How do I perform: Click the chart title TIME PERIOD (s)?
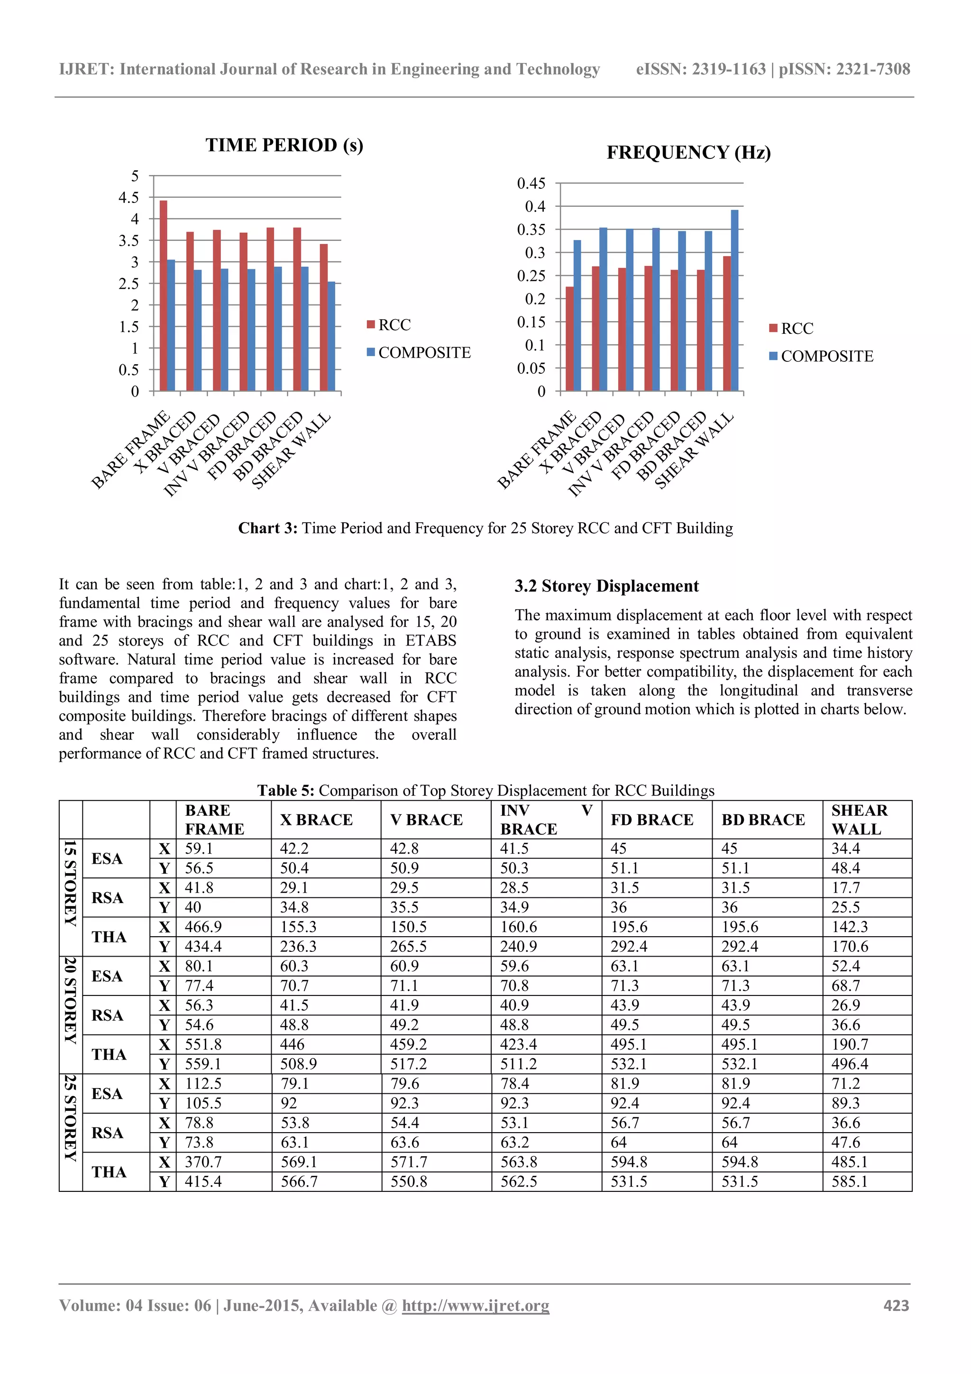pos(284,146)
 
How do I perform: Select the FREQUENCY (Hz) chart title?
pos(688,153)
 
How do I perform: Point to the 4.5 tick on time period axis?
pos(128,197)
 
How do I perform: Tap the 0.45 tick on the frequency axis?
pos(531,183)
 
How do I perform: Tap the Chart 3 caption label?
pos(267,528)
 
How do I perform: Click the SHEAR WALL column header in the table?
pos(859,819)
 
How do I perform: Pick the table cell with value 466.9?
pos(203,927)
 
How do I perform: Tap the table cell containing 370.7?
pos(203,1162)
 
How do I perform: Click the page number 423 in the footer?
pos(896,1305)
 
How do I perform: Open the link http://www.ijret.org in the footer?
pos(475,1305)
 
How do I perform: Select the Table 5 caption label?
pos(285,791)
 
